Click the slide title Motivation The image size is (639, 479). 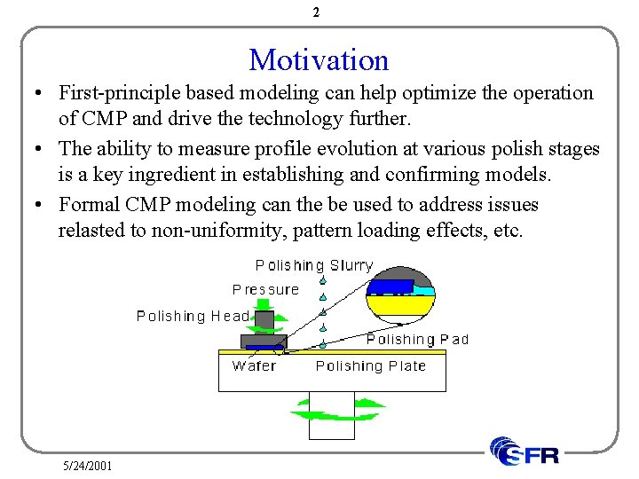point(319,60)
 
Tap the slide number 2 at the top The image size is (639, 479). point(317,12)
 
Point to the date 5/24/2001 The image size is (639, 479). point(87,466)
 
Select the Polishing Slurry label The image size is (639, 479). point(314,265)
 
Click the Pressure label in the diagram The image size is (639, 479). point(265,289)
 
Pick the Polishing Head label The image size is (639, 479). point(193,316)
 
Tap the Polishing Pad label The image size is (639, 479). point(417,339)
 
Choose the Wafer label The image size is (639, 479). point(254,365)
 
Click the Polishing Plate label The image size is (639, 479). point(371,365)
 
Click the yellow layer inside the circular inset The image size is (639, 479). point(399,306)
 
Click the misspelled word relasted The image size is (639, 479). point(91,231)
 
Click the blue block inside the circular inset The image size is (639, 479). point(390,287)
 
